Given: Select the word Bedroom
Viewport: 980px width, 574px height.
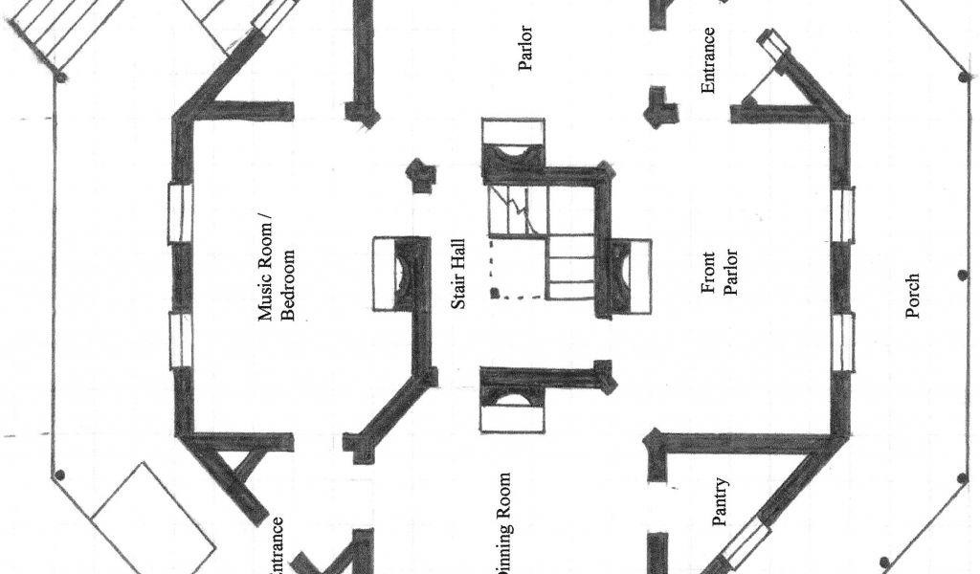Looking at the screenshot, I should click(288, 285).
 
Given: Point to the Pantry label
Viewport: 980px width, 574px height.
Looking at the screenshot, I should click(722, 501).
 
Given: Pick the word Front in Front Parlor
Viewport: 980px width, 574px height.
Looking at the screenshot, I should click(709, 272).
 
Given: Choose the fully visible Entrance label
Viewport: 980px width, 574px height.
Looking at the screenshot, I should click(708, 59).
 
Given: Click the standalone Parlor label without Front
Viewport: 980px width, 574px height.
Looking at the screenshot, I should click(524, 48).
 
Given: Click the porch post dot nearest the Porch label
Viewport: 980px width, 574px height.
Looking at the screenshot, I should click(962, 276).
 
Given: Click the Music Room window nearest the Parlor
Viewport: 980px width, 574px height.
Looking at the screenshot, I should click(180, 212).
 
